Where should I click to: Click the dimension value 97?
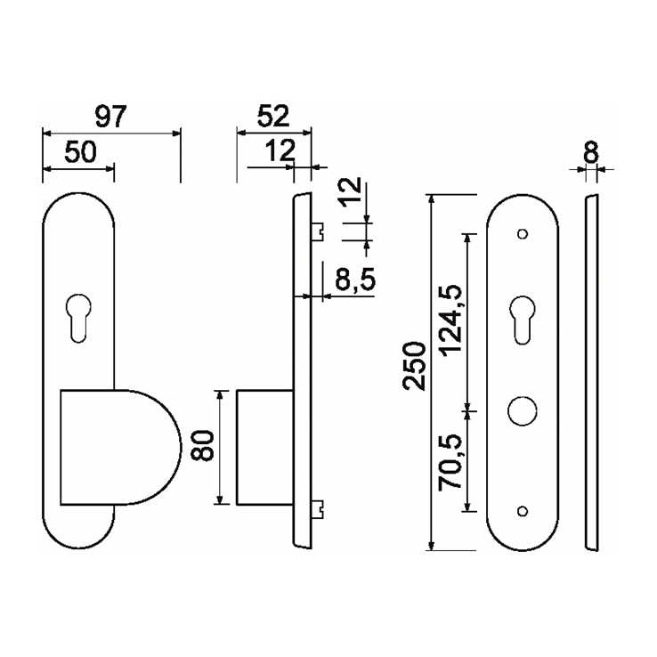point(111,116)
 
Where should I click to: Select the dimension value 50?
point(79,151)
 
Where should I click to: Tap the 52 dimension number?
point(273,116)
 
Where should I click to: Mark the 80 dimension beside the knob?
point(205,445)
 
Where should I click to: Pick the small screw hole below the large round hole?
point(523,510)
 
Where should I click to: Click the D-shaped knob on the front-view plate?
point(120,446)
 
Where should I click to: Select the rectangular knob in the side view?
point(264,446)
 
